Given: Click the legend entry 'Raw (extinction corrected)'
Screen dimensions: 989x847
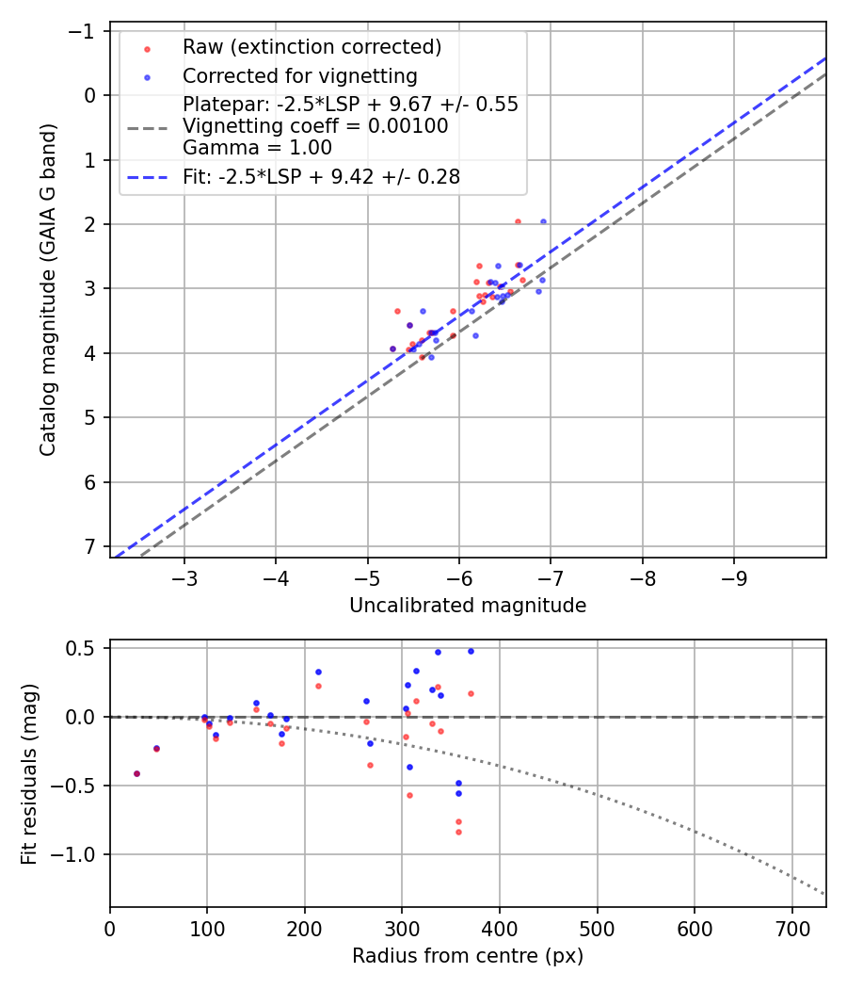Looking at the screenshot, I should point(312,47).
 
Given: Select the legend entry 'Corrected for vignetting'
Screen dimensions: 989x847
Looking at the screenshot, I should point(299,75).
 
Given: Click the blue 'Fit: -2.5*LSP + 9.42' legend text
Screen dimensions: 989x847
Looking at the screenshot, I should point(321,176).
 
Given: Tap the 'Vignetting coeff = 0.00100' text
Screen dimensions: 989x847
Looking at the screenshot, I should point(315,126).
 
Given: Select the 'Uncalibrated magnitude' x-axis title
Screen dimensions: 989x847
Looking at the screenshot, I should point(468,606).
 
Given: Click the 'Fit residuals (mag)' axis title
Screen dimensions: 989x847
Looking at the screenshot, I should point(29,773).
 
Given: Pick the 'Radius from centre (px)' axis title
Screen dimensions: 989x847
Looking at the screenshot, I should point(468,956).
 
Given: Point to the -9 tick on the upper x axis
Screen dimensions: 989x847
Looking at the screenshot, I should point(734,576).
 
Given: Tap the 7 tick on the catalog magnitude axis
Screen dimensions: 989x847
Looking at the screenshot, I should point(90,547).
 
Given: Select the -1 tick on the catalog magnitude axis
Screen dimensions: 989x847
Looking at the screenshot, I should point(86,31).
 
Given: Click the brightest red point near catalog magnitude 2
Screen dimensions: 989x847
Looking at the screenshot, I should point(518,221).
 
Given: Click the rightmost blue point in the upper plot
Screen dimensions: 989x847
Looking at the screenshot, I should point(543,221).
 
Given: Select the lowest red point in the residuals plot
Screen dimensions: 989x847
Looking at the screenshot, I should point(458,832).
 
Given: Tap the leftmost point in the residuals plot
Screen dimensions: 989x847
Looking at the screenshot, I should point(136,773).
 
